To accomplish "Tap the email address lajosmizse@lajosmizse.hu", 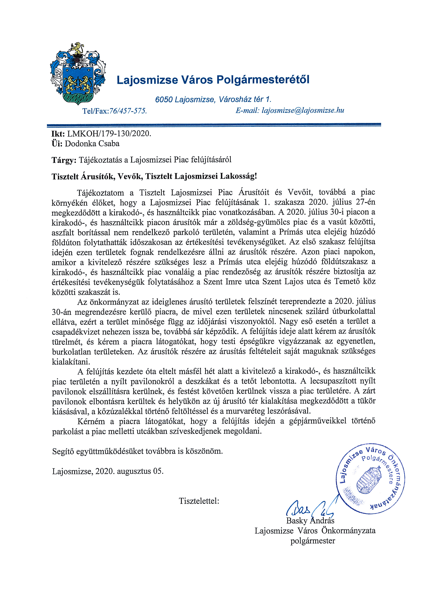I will tap(303, 110).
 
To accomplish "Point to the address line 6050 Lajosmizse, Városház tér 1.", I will tap(213, 99).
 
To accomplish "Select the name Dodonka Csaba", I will tap(92, 144).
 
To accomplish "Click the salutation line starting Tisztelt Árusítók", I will tap(154, 176).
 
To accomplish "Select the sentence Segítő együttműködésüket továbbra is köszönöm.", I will tap(137, 451).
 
